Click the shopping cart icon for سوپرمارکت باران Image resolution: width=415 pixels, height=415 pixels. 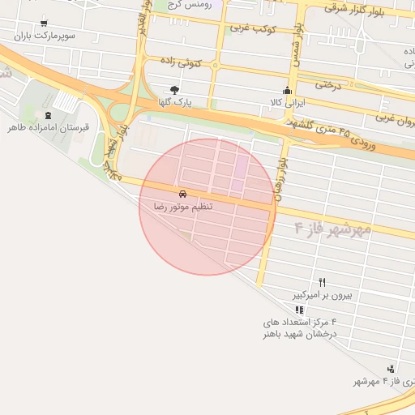click(43, 24)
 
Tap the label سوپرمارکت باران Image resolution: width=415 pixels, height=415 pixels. click(43, 36)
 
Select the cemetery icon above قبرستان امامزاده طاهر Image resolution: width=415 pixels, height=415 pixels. click(48, 115)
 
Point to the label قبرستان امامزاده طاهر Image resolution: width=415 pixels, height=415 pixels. click(48, 128)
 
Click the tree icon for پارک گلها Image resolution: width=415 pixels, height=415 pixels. click(173, 90)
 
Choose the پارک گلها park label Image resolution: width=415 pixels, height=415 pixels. click(173, 103)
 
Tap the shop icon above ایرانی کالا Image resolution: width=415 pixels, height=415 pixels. click(285, 90)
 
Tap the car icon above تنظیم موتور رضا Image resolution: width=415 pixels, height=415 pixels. click(184, 194)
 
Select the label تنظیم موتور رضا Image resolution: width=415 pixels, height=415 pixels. click(184, 207)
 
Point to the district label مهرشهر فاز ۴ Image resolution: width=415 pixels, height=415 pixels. click(332, 229)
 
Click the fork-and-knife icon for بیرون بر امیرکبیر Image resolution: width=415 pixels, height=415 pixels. click(322, 282)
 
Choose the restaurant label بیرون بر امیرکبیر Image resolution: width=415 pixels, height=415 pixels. click(322, 295)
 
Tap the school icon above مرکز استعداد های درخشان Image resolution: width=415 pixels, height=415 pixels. click(299, 310)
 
